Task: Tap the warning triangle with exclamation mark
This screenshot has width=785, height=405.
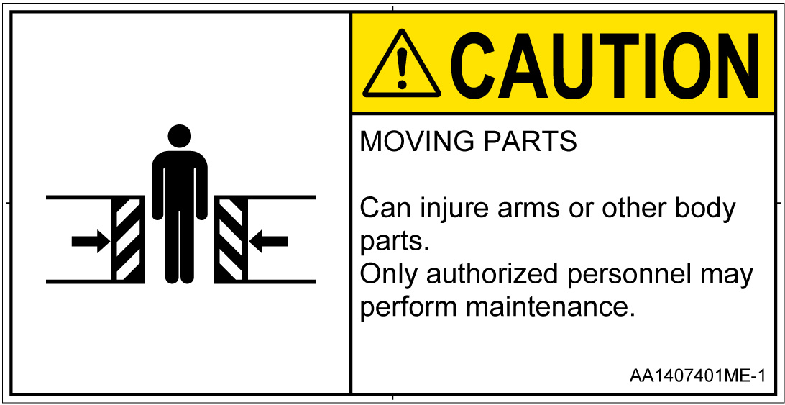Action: pyautogui.click(x=402, y=63)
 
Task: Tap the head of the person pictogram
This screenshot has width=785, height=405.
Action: pyautogui.click(x=180, y=136)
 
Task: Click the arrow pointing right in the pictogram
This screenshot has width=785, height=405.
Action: pyautogui.click(x=91, y=241)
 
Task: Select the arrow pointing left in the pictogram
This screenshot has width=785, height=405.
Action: pyautogui.click(x=268, y=241)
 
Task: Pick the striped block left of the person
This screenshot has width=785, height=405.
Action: pyautogui.click(x=128, y=239)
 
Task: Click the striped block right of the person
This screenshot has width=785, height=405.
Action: pyautogui.click(x=231, y=239)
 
